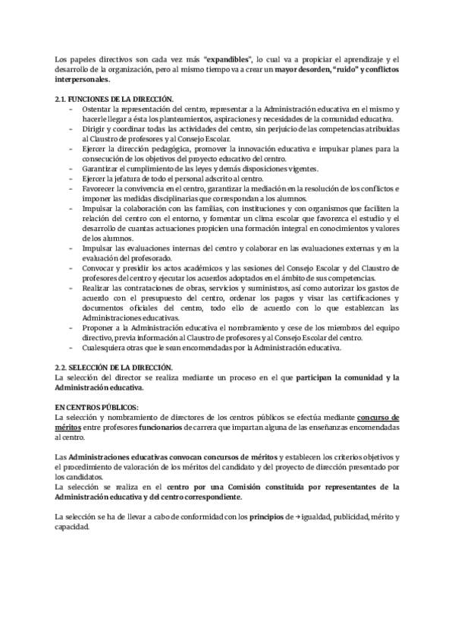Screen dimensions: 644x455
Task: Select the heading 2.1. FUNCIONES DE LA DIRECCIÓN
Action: tap(115, 99)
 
